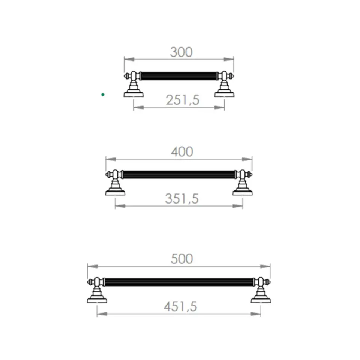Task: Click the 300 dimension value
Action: click(x=181, y=52)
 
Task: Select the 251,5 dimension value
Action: click(x=183, y=100)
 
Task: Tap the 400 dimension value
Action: click(x=182, y=152)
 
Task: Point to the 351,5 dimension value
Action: click(x=181, y=199)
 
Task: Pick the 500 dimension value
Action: click(x=181, y=259)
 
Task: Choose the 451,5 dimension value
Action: click(x=180, y=306)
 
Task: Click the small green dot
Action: click(x=103, y=94)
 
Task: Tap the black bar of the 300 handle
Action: click(x=179, y=76)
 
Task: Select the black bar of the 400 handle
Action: click(x=179, y=174)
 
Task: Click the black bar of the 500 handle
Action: click(x=179, y=282)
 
